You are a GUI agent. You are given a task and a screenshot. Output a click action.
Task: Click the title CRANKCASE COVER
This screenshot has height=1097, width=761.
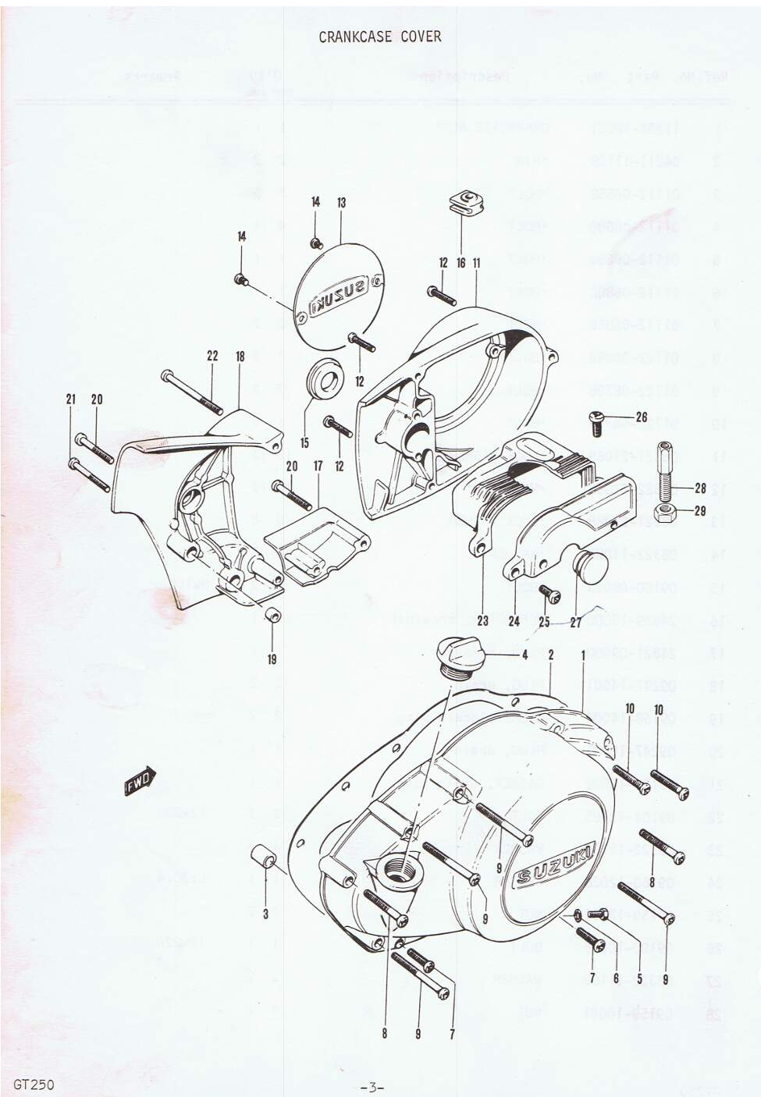click(x=380, y=37)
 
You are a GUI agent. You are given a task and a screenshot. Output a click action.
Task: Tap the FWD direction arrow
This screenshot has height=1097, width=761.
click(x=141, y=781)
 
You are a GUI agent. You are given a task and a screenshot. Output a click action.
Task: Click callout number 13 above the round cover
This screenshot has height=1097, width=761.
click(x=341, y=203)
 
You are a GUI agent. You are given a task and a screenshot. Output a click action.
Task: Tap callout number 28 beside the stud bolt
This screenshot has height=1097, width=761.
click(x=699, y=488)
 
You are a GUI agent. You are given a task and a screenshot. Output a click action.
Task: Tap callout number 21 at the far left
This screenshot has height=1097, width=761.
click(x=71, y=399)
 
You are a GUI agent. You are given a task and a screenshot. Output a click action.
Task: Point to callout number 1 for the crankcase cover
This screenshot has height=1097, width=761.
click(x=581, y=655)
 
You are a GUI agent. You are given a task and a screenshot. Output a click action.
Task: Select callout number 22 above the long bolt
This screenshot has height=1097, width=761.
click(x=212, y=356)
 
